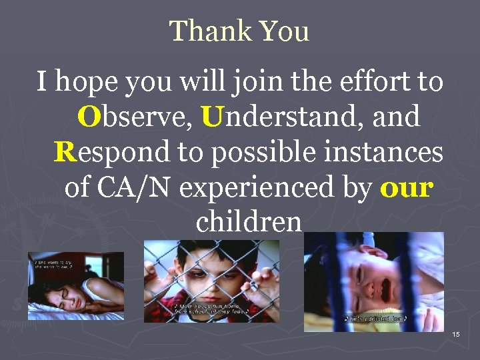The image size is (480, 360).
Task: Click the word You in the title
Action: coord(284,31)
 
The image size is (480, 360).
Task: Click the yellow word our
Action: coord(407,187)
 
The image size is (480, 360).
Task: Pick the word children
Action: coord(249,221)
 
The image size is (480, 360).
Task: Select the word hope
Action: coord(93,83)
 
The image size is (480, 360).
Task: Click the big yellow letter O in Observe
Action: coord(88,118)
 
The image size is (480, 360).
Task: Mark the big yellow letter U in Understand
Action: coord(211,118)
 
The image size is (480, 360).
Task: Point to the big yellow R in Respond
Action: coord(65,152)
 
